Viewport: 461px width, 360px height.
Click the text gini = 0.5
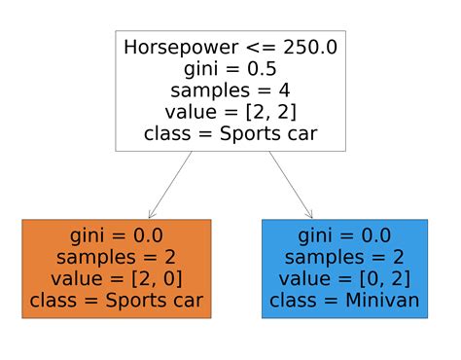click(x=230, y=69)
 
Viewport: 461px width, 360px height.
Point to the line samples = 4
click(x=230, y=90)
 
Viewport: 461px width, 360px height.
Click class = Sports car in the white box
click(x=230, y=134)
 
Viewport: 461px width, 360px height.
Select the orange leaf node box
click(x=116, y=269)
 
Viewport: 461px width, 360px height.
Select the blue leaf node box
click(x=345, y=269)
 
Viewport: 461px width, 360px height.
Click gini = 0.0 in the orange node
click(x=116, y=236)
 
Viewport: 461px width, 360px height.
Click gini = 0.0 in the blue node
click(x=345, y=236)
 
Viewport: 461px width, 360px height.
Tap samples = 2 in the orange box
click(x=116, y=258)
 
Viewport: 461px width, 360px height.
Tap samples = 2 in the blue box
click(x=345, y=258)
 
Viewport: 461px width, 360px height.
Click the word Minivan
click(x=382, y=302)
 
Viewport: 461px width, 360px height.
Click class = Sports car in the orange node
click(x=116, y=302)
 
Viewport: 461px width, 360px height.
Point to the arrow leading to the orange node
click(x=171, y=185)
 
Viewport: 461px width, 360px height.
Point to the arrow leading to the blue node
click(x=290, y=185)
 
